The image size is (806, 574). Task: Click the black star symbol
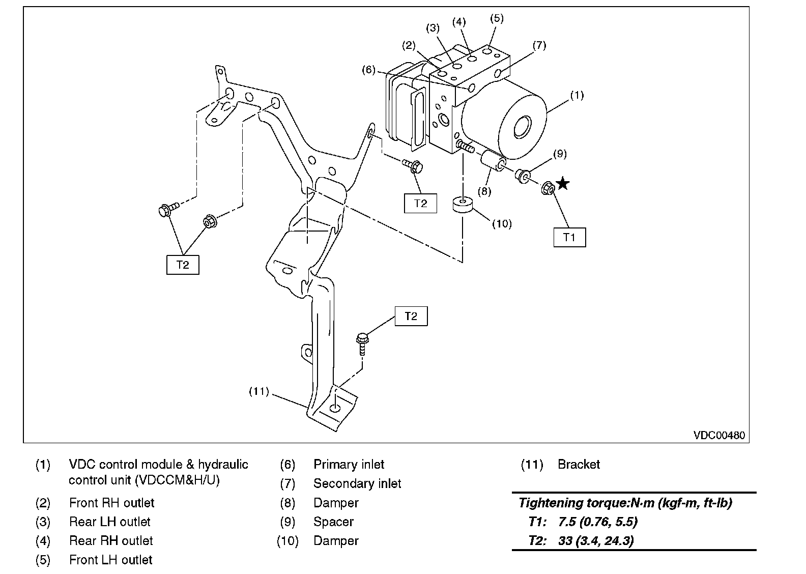click(x=562, y=183)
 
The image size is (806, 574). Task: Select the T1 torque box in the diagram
click(x=569, y=237)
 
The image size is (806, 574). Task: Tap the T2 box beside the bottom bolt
click(x=411, y=316)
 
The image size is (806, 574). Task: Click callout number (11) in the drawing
click(x=258, y=391)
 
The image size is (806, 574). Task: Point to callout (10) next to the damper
click(x=502, y=223)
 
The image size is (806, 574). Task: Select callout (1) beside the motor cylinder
click(x=577, y=95)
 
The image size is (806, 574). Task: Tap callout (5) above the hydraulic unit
click(x=497, y=18)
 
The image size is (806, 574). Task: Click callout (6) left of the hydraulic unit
click(x=369, y=70)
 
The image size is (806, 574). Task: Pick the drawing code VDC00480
click(x=718, y=435)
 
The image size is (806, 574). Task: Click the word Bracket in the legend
click(x=579, y=464)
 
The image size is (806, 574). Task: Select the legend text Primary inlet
click(x=349, y=464)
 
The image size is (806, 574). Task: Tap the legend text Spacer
click(x=333, y=522)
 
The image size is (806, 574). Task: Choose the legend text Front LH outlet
click(x=110, y=560)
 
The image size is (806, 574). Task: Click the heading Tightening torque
click(x=625, y=503)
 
